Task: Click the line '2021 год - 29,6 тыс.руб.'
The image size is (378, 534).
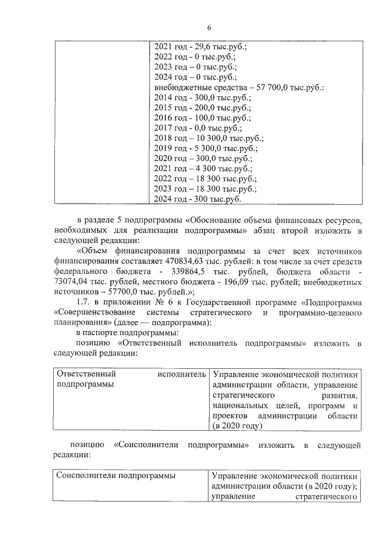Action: pyautogui.click(x=193, y=46)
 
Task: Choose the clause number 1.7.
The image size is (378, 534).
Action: pyautogui.click(x=77, y=302)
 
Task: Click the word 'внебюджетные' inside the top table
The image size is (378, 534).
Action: pyautogui.click(x=180, y=88)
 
